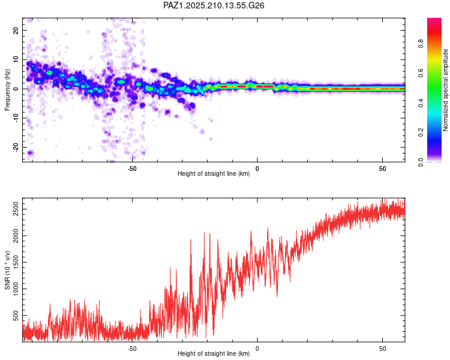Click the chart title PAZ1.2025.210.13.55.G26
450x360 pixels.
tap(214, 5)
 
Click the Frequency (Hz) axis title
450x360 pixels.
tap(7, 90)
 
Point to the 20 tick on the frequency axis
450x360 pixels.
tap(16, 30)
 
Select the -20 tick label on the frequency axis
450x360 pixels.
tap(16, 147)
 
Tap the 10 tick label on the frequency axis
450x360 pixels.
tap(16, 59)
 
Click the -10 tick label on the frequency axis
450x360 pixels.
tap(16, 118)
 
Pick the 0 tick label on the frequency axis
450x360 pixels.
tap(16, 89)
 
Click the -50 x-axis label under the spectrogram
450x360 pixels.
tap(132, 169)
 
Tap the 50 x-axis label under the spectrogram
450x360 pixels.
tap(383, 169)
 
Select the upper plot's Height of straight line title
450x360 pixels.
tap(214, 173)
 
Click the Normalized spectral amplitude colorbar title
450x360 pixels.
tap(445, 90)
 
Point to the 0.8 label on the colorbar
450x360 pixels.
tap(421, 44)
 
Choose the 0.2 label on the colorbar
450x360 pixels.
tap(421, 133)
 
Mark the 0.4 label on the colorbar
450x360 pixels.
tap(421, 103)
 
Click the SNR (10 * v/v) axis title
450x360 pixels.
tap(7, 270)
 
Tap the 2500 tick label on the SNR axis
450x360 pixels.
tap(16, 209)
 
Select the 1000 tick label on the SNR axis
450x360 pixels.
tap(16, 289)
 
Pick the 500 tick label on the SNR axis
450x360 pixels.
tap(16, 316)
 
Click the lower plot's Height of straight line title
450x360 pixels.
tap(214, 353)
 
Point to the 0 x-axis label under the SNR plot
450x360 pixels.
tap(257, 349)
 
